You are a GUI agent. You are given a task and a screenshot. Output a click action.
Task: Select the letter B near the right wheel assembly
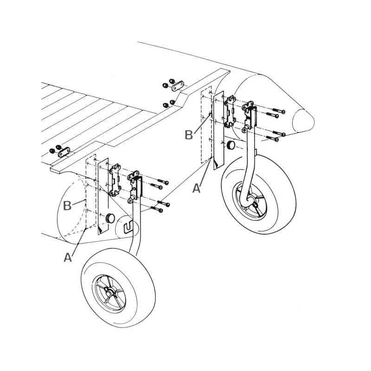click(x=188, y=135)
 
